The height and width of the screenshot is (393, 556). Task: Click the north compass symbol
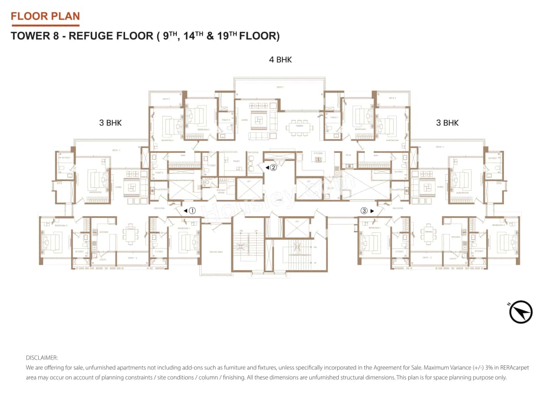click(521, 312)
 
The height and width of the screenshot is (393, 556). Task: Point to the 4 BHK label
click(280, 60)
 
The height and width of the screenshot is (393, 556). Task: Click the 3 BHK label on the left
click(110, 123)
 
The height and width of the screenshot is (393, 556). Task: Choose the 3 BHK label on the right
click(447, 123)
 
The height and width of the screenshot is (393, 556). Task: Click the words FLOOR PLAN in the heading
click(45, 17)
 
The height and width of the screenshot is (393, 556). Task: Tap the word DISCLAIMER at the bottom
click(42, 358)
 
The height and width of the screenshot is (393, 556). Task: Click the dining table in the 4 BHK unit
click(299, 127)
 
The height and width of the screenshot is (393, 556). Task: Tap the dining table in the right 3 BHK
click(429, 234)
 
